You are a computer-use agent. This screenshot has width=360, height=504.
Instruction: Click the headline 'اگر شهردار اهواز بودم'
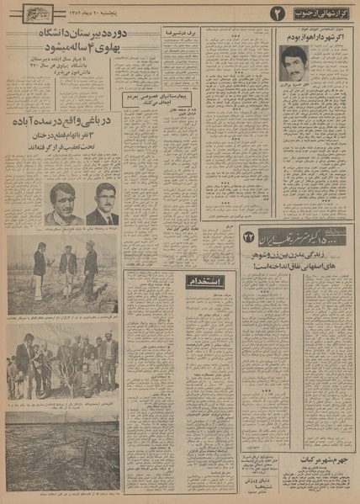[x=312, y=38]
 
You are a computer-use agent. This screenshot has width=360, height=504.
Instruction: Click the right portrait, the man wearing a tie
[x=103, y=203]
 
